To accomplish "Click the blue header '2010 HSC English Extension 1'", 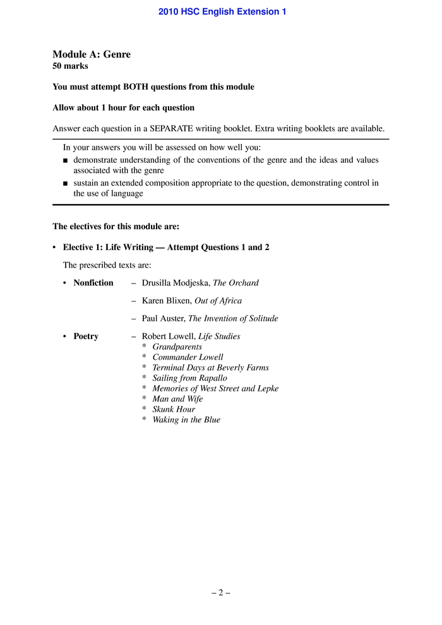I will click(222, 11).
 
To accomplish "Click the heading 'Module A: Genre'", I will click(92, 54).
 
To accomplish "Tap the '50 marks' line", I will click(70, 66).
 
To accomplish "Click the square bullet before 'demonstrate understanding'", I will click(66, 160).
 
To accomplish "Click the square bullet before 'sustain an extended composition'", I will click(66, 184).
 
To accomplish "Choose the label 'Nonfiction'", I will click(93, 283).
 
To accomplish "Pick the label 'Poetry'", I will click(86, 336).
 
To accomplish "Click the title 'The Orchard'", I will click(236, 283).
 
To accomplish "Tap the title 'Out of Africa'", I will click(218, 301).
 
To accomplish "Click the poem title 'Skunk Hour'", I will click(174, 409).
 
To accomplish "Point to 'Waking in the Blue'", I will click(186, 420).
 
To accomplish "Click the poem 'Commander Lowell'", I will click(188, 357).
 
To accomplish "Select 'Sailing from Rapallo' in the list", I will click(189, 378).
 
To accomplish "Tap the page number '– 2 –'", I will click(221, 593).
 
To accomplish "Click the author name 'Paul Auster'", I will click(163, 319).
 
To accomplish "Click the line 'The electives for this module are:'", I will click(116, 226).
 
